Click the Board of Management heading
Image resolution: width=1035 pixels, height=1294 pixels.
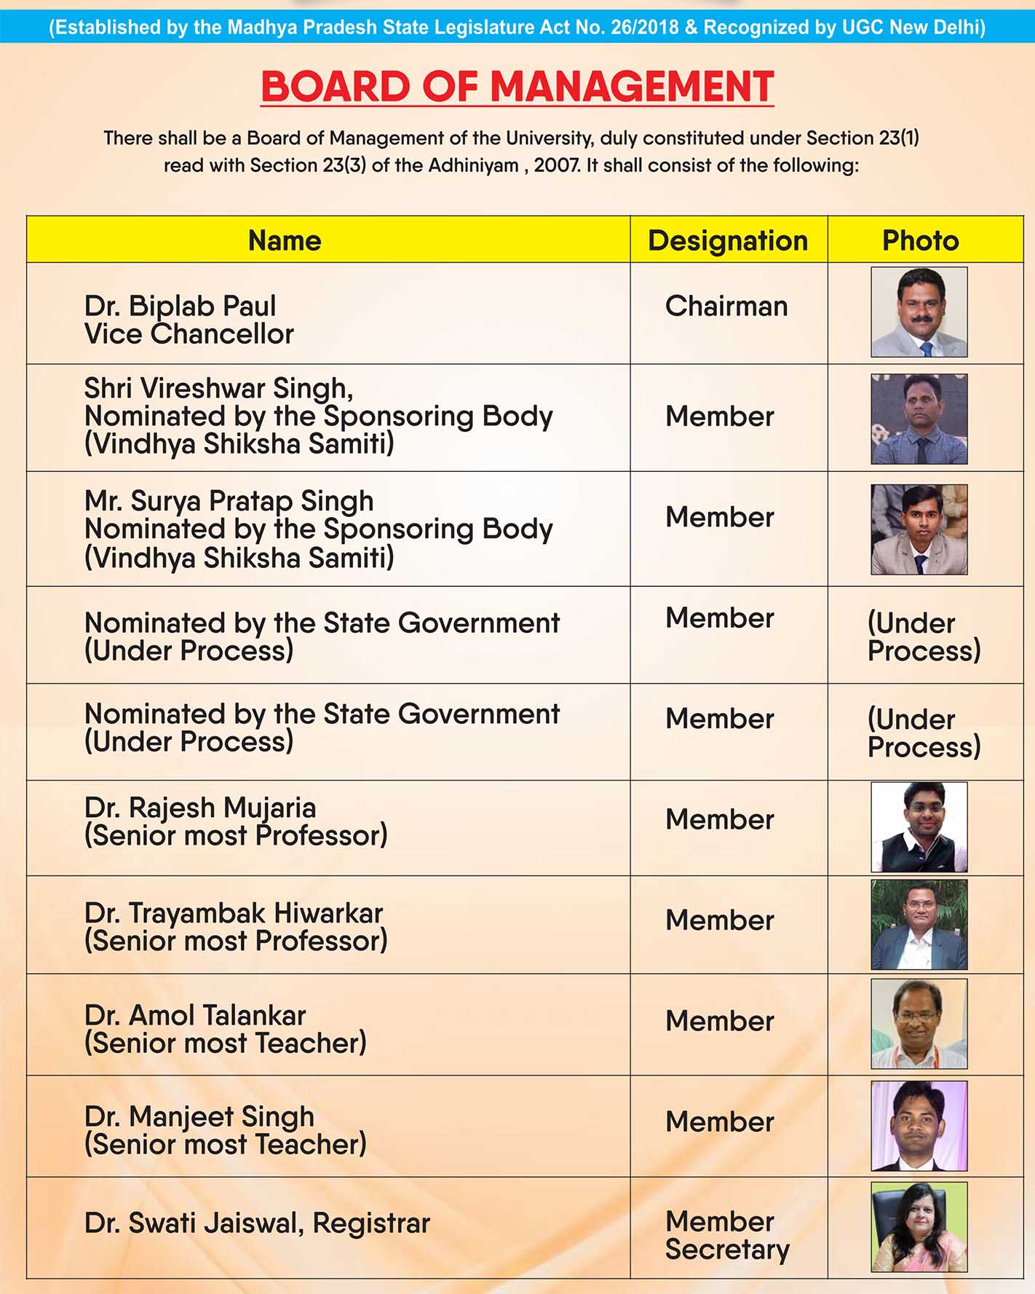517,87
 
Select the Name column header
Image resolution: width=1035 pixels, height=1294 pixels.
285,241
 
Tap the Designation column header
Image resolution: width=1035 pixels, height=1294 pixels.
728,241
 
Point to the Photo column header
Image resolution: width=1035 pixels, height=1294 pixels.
920,241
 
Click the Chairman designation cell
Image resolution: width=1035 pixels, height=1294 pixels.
726,307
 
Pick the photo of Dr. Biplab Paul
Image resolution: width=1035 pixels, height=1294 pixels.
919,312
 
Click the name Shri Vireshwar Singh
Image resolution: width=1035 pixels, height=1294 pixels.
218,388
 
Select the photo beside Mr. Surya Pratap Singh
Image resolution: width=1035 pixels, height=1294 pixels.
919,529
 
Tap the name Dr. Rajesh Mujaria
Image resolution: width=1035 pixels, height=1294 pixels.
200,808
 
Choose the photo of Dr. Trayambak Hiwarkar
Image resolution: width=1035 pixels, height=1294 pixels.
919,924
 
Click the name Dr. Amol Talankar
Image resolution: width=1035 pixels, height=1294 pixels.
195,1015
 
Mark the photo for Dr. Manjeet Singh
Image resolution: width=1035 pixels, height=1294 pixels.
919,1126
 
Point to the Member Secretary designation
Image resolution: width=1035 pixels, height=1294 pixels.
726,1235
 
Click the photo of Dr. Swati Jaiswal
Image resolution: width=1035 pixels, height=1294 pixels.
919,1227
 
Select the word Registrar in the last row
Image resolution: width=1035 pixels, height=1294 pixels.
371,1223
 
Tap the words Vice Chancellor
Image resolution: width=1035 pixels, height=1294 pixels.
189,334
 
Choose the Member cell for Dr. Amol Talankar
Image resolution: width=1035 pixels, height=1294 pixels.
719,1021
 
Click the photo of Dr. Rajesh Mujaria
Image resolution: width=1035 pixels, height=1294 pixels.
919,827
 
